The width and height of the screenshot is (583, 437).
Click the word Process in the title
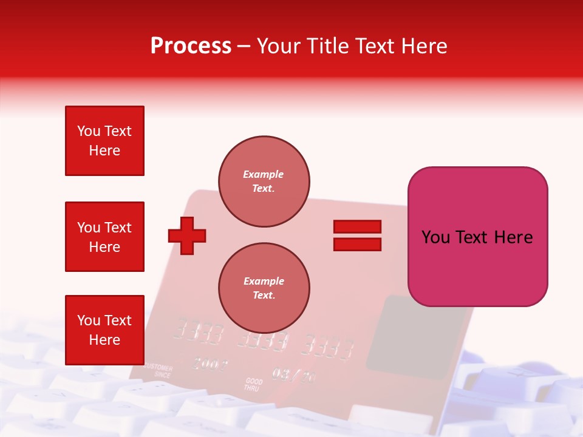[191, 46]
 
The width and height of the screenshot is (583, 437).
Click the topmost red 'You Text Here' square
[104, 141]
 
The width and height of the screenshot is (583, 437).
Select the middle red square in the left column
[104, 237]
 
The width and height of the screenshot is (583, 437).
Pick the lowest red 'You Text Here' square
[104, 330]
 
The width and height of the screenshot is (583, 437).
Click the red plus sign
[187, 235]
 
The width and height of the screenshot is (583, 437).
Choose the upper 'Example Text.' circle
[264, 181]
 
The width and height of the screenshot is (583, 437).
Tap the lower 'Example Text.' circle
[264, 288]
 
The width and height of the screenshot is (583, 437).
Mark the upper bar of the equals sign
[357, 226]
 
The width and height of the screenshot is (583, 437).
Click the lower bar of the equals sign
[357, 245]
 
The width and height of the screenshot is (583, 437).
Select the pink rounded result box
[477, 237]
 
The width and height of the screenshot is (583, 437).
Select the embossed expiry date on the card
[293, 375]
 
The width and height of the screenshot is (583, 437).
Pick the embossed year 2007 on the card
[210, 364]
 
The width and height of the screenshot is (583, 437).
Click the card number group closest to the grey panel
[329, 346]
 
